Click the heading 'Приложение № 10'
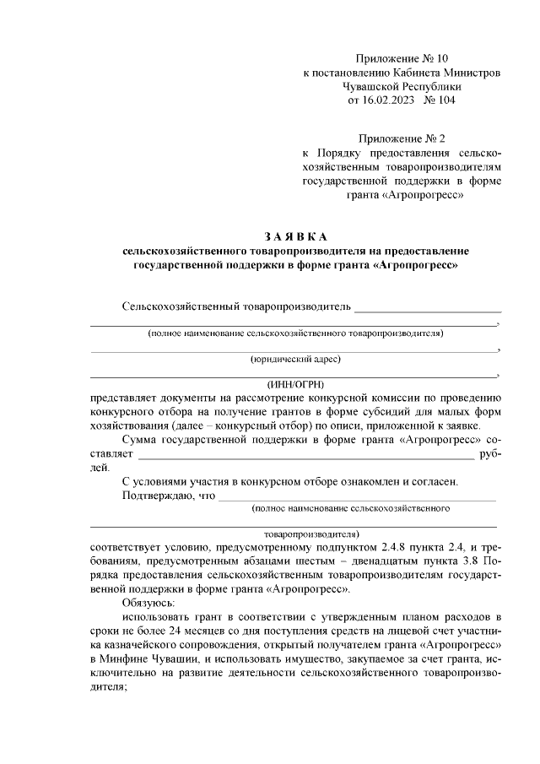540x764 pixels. [402, 58]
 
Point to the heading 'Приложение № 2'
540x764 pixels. [402, 138]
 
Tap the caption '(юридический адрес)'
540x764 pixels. [295, 359]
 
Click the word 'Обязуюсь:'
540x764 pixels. [148, 603]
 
